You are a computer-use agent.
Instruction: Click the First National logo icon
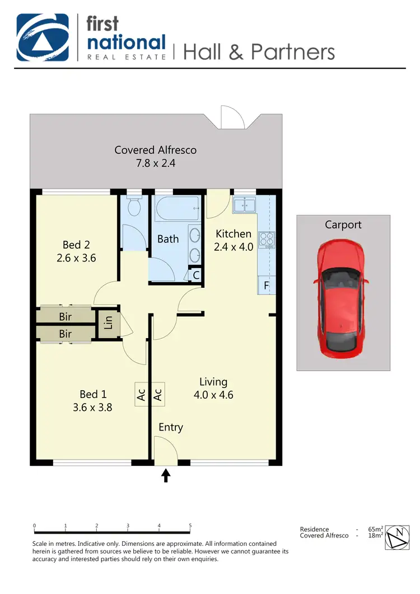[x=43, y=38]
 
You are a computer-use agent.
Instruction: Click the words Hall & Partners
[x=259, y=52]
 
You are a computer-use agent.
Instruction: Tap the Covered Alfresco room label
[x=156, y=150]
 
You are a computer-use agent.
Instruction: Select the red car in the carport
[x=341, y=297]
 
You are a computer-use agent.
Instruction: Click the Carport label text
[x=343, y=224]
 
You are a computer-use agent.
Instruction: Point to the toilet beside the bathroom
[x=134, y=207]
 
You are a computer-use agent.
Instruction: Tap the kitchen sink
[x=245, y=205]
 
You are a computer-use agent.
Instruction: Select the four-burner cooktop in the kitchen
[x=267, y=240]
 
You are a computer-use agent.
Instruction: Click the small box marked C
[x=196, y=275]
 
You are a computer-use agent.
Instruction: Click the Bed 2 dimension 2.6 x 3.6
[x=76, y=258]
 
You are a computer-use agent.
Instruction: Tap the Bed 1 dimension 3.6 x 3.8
[x=92, y=408]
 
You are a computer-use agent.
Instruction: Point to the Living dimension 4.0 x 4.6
[x=213, y=395]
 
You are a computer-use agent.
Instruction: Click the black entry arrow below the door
[x=166, y=475]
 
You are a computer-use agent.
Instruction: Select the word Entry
[x=171, y=427]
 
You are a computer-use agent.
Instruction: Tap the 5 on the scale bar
[x=190, y=526]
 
